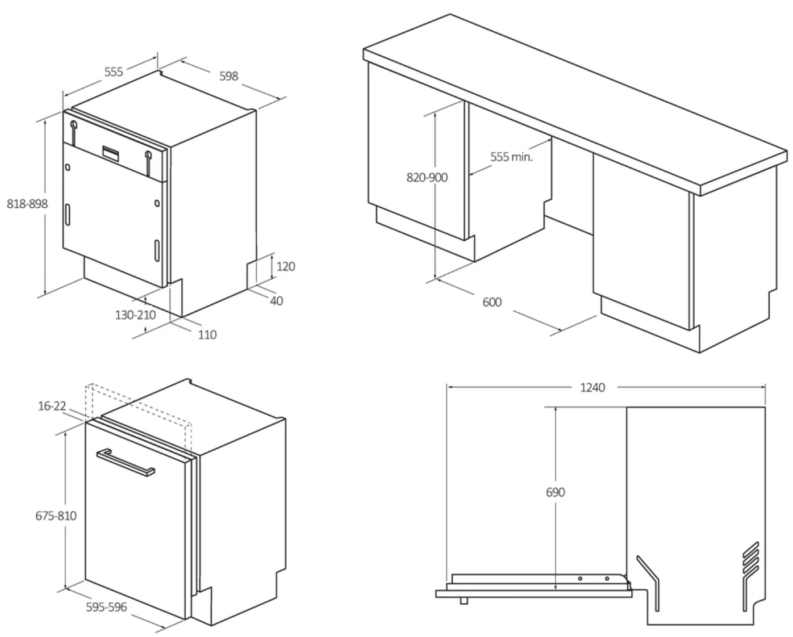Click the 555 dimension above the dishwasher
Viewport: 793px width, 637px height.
click(x=114, y=72)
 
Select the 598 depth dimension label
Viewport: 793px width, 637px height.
click(x=229, y=76)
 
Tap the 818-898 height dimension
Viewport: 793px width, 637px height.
click(x=27, y=204)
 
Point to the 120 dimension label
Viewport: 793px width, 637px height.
click(x=286, y=266)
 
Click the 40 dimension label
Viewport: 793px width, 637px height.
click(x=277, y=301)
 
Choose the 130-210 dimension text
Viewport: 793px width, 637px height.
click(x=135, y=315)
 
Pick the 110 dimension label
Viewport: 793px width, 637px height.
click(x=207, y=335)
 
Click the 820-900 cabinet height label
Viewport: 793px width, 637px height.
click(x=427, y=178)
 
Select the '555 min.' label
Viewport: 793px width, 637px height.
click(x=511, y=157)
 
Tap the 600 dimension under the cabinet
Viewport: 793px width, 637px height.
click(x=492, y=303)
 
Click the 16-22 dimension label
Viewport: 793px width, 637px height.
click(x=52, y=406)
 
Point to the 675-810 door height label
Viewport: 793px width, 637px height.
click(x=56, y=516)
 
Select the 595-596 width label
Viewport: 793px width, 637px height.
click(x=106, y=607)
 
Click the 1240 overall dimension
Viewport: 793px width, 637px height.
click(x=592, y=388)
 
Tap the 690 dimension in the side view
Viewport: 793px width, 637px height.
click(x=556, y=492)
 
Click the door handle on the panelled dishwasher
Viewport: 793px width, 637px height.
click(x=126, y=463)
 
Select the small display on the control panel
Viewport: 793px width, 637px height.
click(x=111, y=153)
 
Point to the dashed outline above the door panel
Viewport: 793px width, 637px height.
click(x=138, y=405)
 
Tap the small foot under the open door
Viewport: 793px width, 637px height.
click(x=464, y=601)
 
